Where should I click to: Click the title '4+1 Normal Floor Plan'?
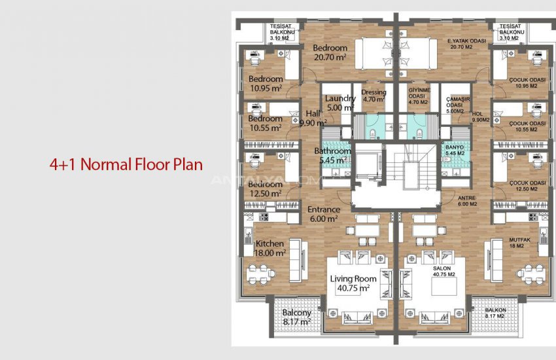[126, 164]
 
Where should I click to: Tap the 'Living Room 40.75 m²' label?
[350, 283]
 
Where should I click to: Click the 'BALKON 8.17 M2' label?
[495, 313]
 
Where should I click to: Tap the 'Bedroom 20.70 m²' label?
[330, 53]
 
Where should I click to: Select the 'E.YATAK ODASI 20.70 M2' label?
[467, 44]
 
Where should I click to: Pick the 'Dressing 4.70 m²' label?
[374, 96]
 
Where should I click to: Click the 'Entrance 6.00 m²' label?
[324, 214]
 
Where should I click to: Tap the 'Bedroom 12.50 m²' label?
[266, 189]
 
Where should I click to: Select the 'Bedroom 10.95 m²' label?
[266, 84]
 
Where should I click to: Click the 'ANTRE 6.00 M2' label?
[466, 200]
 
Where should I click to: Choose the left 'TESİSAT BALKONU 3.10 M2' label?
[285, 33]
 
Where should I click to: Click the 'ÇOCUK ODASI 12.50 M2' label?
[527, 186]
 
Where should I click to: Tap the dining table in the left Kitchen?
[261, 272]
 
